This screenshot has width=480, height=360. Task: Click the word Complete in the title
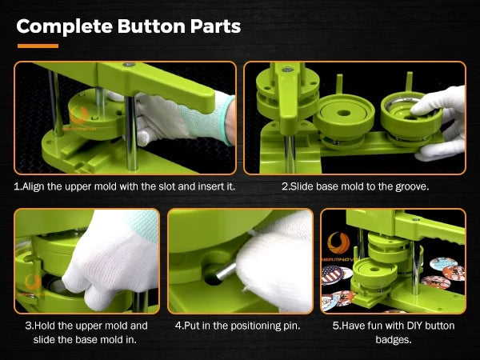[65, 27]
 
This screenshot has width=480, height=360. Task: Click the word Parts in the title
[215, 26]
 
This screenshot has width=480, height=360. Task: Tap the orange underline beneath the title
[38, 46]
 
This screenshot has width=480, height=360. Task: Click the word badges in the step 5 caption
[393, 339]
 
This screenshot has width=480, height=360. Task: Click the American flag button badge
[332, 275]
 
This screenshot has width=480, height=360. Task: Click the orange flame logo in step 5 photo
[338, 243]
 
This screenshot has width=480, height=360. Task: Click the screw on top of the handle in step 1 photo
[129, 65]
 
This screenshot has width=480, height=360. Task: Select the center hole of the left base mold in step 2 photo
[344, 113]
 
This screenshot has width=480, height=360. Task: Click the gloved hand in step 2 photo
[440, 122]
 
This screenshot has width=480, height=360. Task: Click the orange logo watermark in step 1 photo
[79, 114]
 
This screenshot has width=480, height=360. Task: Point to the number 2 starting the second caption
[285, 186]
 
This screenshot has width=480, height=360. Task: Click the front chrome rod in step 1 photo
[131, 133]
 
